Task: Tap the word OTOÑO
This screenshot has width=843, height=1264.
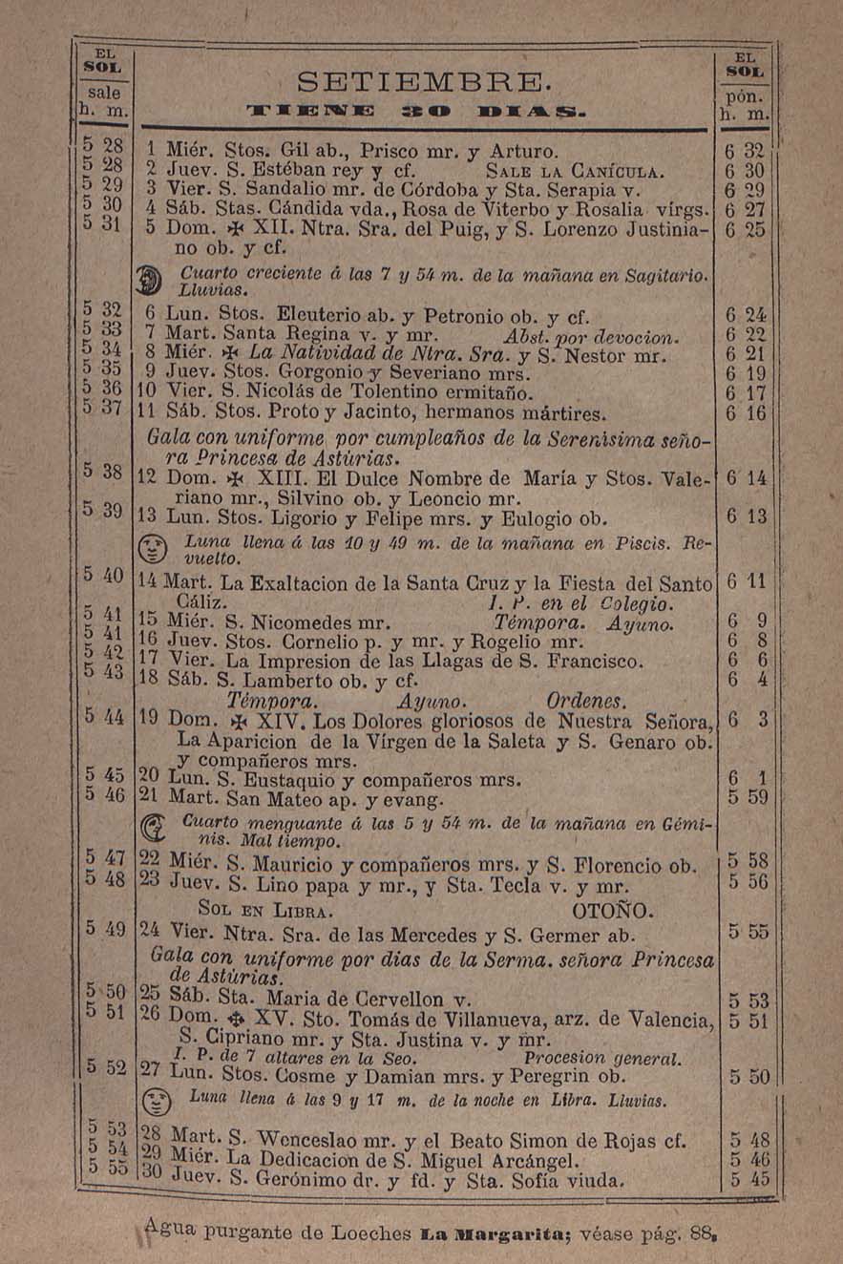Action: [x=612, y=908]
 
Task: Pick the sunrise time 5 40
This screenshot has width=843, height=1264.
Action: [x=103, y=576]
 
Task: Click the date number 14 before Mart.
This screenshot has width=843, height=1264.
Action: [x=148, y=581]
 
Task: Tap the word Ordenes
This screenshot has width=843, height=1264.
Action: [x=586, y=702]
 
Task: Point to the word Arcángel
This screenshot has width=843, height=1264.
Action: [x=530, y=1161]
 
